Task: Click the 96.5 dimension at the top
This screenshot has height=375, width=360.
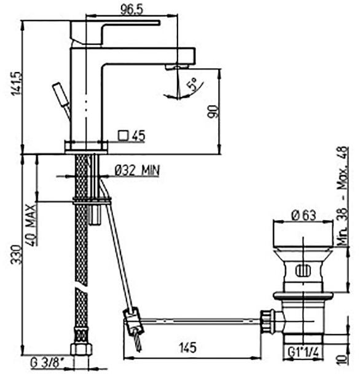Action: click(x=131, y=10)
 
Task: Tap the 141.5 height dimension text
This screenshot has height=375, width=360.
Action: click(x=17, y=84)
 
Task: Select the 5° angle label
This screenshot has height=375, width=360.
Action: click(x=192, y=84)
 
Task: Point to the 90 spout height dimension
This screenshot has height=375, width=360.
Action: click(x=213, y=111)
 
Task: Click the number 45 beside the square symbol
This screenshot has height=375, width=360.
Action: click(x=138, y=136)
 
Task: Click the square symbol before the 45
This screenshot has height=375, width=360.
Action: click(x=124, y=135)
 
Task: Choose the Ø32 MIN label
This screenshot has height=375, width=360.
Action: click(x=137, y=170)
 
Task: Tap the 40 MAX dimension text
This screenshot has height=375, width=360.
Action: click(x=31, y=225)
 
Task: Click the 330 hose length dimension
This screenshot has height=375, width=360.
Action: click(x=17, y=255)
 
